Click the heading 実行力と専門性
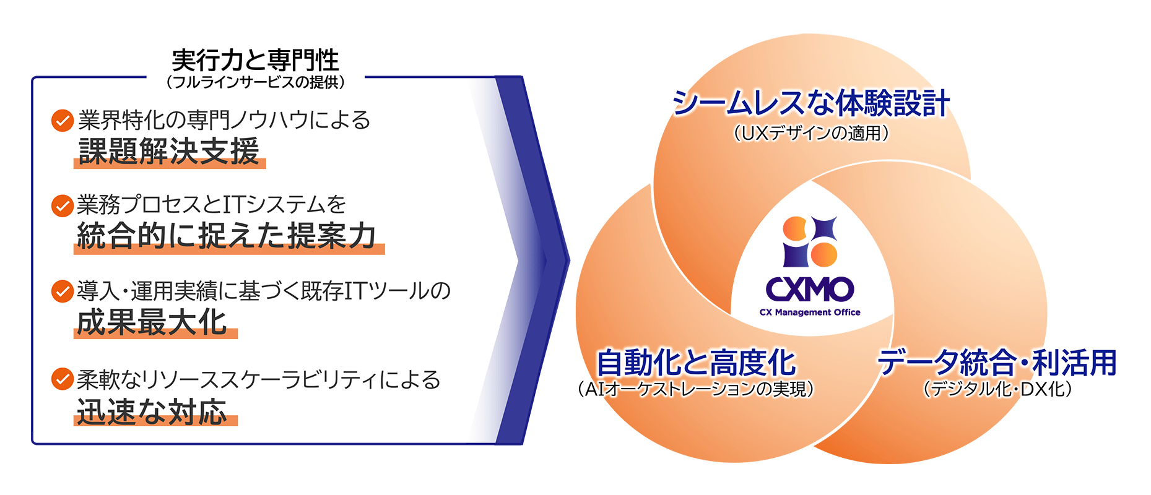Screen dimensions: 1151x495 tap(255, 61)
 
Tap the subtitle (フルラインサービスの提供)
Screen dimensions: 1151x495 tap(255, 82)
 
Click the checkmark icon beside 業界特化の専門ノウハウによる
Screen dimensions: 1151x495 tap(63, 120)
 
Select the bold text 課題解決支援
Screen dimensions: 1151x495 tap(168, 151)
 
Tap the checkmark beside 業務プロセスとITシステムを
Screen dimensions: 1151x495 tap(63, 205)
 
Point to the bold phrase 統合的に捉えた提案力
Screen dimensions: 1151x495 tap(227, 236)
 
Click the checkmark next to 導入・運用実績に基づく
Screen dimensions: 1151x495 tap(63, 291)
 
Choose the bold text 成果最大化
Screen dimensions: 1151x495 tap(152, 322)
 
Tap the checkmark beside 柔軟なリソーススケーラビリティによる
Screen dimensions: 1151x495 tap(63, 379)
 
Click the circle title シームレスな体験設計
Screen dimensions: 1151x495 tap(811, 103)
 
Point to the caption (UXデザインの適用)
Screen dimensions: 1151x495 tap(811, 132)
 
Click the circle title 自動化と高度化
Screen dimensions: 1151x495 tap(695, 362)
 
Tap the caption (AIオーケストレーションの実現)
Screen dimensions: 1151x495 tap(695, 389)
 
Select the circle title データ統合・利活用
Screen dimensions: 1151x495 tap(997, 362)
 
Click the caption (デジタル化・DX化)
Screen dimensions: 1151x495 tap(997, 389)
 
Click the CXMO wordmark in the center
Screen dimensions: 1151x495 tap(810, 289)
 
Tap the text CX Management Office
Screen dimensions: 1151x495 tap(810, 312)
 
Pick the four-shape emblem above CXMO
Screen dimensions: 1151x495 tap(810, 241)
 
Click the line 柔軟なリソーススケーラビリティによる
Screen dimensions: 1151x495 tap(259, 379)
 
